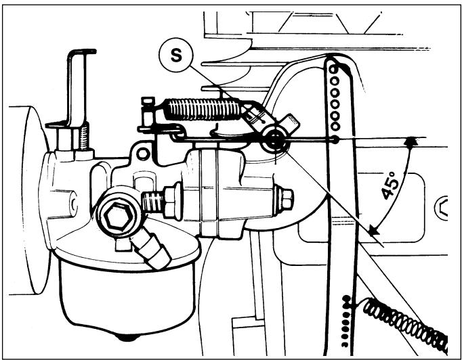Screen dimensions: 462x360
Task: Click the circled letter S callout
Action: click(176, 55)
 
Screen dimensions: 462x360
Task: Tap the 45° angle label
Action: click(390, 185)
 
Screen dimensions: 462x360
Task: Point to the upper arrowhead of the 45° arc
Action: click(411, 141)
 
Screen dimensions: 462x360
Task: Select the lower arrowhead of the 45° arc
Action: click(374, 230)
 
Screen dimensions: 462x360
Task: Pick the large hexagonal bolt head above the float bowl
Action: click(119, 217)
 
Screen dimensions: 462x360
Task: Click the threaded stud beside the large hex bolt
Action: click(152, 202)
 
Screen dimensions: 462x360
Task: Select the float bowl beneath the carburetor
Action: click(127, 297)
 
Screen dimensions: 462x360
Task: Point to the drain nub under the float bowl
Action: click(127, 338)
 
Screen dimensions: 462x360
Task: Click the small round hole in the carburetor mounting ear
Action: click(144, 154)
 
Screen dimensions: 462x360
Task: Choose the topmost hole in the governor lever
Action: click(333, 70)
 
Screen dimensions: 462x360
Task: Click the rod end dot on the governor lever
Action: click(335, 140)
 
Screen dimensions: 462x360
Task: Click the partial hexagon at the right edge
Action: click(441, 208)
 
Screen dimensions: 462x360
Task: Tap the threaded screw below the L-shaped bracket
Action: click(84, 136)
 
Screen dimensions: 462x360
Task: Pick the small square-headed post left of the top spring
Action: click(148, 111)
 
